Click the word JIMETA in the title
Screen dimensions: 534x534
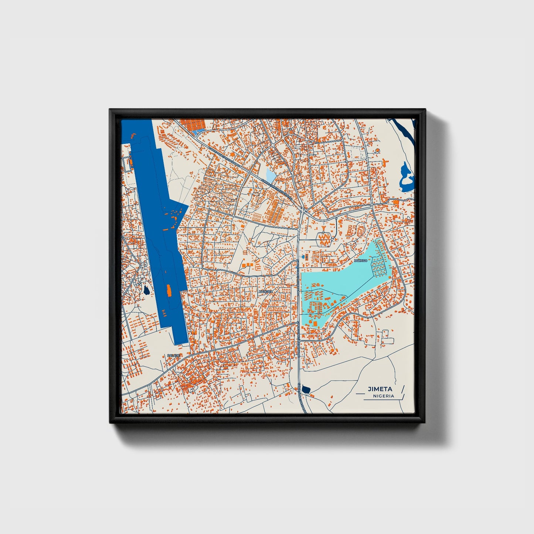[x=380, y=389]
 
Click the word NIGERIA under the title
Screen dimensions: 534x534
[x=383, y=396]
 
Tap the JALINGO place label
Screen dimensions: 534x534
[x=361, y=261]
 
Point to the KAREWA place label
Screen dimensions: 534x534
[x=266, y=292]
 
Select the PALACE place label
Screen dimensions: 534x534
[x=173, y=355]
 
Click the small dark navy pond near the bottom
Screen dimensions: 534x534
[x=305, y=389]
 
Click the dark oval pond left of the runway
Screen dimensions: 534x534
[x=147, y=290]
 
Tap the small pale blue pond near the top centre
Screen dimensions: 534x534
[x=271, y=175]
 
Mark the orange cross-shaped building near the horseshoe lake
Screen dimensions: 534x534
[x=385, y=162]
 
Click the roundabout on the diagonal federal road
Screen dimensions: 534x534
[x=250, y=172]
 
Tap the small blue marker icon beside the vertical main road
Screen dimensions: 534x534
[x=304, y=256]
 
